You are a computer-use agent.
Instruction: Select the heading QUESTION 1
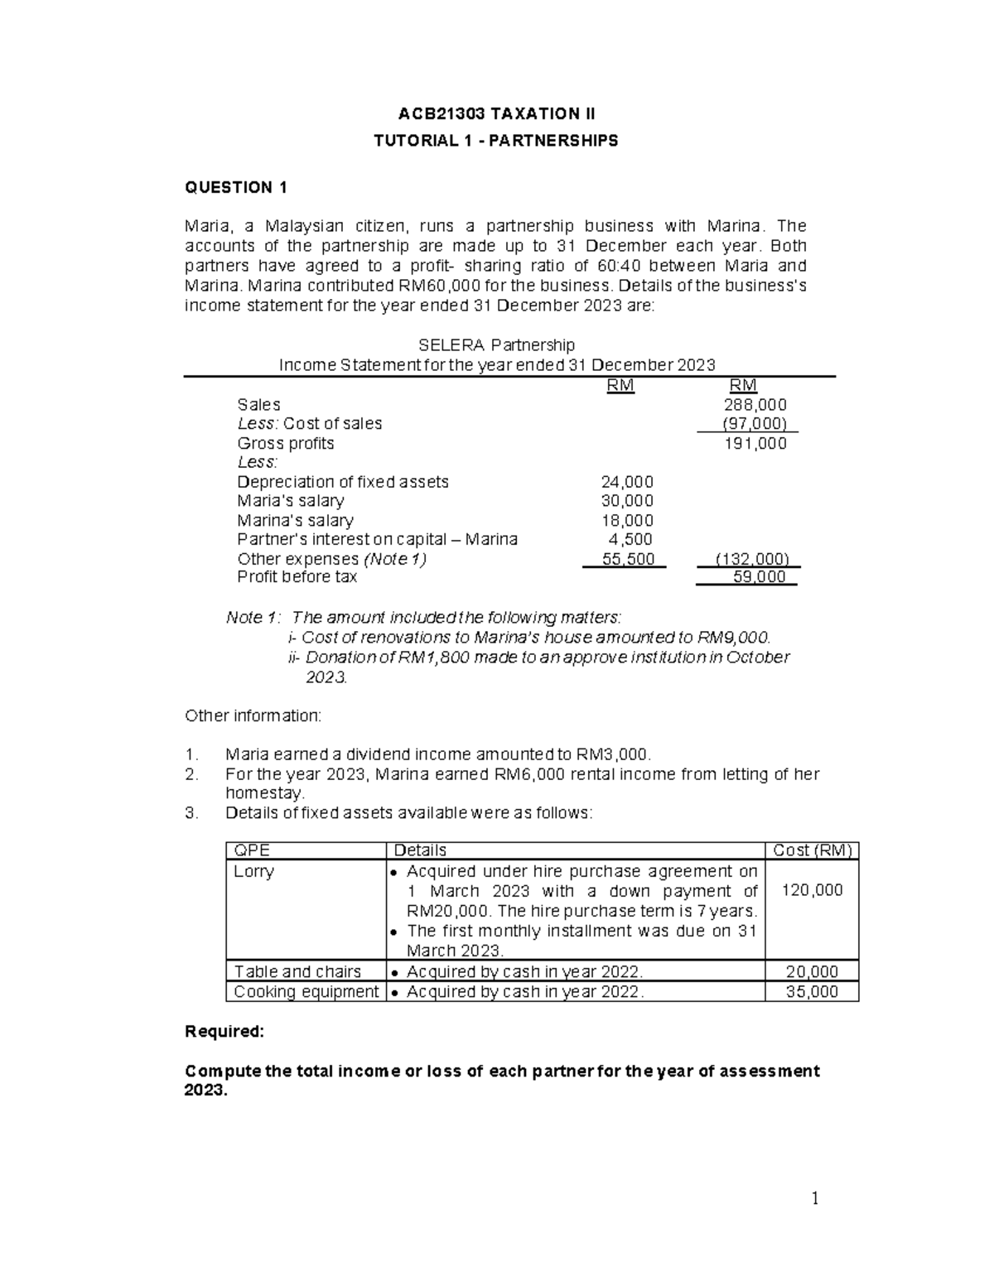point(235,187)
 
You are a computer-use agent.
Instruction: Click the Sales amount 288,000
point(755,405)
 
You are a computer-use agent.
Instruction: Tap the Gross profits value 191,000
point(755,444)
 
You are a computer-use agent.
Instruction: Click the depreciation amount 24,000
point(626,482)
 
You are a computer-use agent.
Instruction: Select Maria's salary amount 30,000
point(626,501)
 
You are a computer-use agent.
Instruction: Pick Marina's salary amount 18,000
point(626,521)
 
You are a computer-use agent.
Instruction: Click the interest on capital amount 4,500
point(630,540)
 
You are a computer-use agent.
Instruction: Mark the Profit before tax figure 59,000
point(759,577)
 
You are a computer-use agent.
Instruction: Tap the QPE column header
point(252,850)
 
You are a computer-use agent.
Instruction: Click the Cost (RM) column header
point(812,850)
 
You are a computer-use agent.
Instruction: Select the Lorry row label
point(253,871)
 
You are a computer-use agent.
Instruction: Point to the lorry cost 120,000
point(812,890)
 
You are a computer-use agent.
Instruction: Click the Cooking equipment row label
point(306,992)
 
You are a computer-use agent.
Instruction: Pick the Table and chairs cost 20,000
point(812,972)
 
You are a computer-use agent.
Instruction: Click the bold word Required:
point(224,1032)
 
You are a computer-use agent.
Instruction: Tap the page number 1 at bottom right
point(815,1199)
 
